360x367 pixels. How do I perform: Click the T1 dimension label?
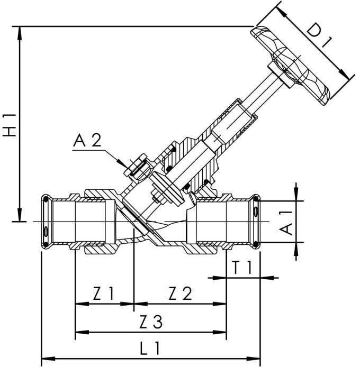[x=243, y=269]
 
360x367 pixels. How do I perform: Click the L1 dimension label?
[x=152, y=349]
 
